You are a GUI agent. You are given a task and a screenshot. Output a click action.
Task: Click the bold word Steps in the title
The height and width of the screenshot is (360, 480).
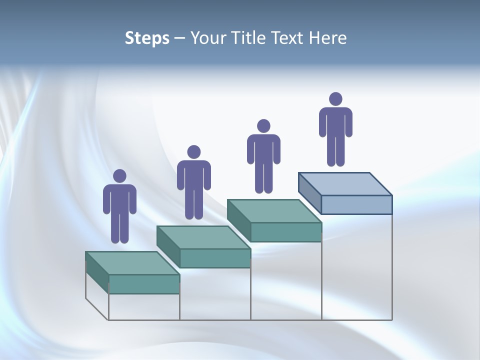[147, 38]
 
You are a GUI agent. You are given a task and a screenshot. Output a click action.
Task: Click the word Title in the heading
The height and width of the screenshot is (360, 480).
[250, 38]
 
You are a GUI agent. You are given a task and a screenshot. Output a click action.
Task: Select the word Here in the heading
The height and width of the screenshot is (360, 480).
[328, 38]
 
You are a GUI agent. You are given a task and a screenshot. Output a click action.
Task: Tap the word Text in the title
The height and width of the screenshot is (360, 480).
[289, 38]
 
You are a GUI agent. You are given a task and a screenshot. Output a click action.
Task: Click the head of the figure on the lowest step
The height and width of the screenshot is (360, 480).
[119, 176]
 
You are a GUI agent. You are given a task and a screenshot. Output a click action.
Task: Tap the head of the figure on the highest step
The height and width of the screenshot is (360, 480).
[335, 99]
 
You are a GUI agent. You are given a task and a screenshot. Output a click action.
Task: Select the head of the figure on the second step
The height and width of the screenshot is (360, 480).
[193, 152]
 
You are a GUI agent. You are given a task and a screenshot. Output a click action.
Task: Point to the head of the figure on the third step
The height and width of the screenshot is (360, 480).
[263, 126]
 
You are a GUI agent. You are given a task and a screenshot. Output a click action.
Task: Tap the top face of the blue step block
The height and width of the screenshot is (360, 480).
[345, 184]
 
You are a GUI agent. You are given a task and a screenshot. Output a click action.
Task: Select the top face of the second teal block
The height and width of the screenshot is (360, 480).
[203, 237]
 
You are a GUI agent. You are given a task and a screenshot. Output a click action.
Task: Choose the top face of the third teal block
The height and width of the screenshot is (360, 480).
[274, 211]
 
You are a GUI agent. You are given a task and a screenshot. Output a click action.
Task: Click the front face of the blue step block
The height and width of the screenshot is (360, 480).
[356, 204]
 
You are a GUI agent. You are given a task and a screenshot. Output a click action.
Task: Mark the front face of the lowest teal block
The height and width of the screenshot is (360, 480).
[144, 284]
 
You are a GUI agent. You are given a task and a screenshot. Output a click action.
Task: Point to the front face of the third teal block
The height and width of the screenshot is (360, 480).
[285, 232]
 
